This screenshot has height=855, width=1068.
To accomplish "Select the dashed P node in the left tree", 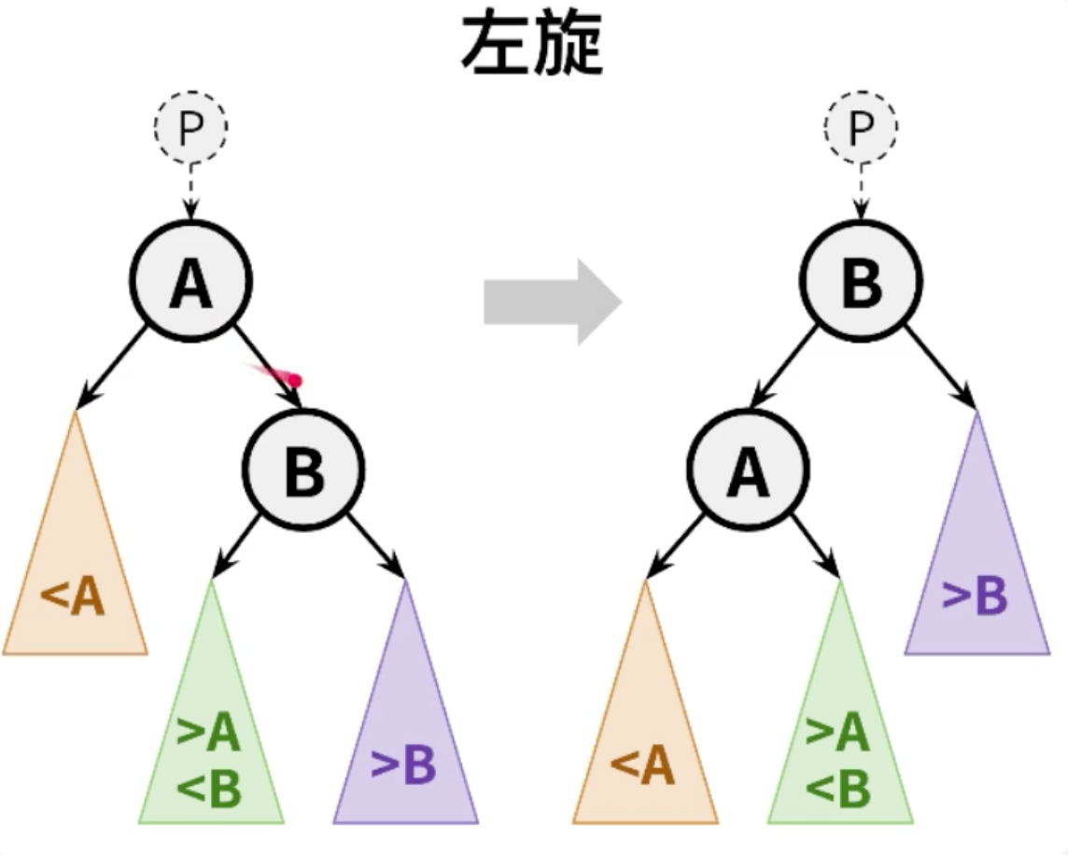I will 190,128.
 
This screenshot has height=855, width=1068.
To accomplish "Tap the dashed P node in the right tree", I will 861,128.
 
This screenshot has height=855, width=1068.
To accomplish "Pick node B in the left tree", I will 303,469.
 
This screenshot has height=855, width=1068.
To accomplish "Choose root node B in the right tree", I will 861,282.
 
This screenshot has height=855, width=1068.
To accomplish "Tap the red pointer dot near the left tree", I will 294,380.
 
